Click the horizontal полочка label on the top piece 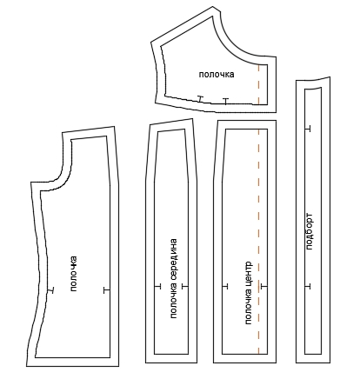coord(217,75)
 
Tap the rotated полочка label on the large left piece coord(74,274)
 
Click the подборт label coord(309,231)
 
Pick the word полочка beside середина coord(173,301)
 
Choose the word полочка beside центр coord(248,308)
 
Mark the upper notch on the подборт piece coord(308,129)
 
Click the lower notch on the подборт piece coord(308,286)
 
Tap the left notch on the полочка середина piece coord(157,286)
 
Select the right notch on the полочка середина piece coord(185,286)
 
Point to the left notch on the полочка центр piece coord(225,286)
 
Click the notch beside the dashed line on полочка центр coord(263,286)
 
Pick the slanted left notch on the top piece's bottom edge coord(199,98)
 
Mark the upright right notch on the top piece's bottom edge coord(225,101)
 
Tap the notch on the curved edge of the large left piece coord(51,290)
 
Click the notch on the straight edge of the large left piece coord(107,289)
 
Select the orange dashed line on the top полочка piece coord(258,84)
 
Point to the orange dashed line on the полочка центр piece coord(258,242)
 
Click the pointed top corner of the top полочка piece coord(214,6)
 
